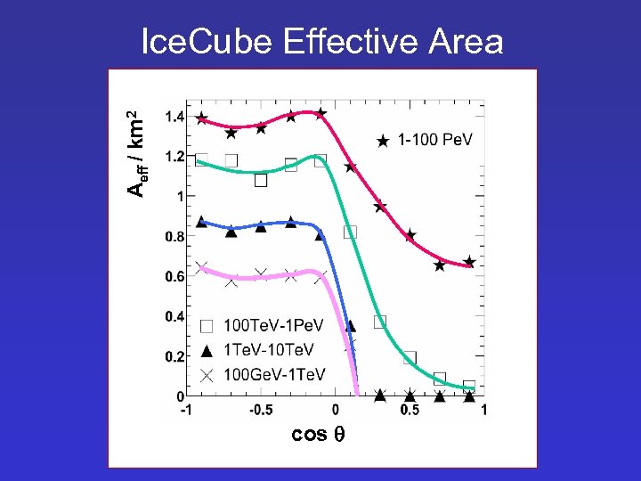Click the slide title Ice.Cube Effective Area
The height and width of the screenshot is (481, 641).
click(x=322, y=42)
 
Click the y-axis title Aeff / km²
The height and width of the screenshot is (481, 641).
click(x=134, y=153)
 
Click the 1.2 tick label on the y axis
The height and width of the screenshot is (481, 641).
click(x=174, y=157)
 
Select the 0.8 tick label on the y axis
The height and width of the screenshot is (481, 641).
click(x=174, y=237)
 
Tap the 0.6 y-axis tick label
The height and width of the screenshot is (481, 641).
click(x=174, y=277)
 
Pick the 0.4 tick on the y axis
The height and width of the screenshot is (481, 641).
click(x=174, y=317)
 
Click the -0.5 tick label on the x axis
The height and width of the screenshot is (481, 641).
click(x=259, y=410)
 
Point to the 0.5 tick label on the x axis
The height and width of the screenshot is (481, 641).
click(x=410, y=410)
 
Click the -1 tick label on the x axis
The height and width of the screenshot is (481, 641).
click(x=186, y=410)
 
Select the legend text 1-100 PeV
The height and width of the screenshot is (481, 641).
click(x=434, y=140)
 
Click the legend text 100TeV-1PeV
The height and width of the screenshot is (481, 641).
click(x=273, y=326)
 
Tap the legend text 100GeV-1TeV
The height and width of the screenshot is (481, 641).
click(x=274, y=374)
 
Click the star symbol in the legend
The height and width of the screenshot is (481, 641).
click(x=383, y=140)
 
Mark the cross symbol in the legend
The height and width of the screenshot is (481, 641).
click(x=207, y=374)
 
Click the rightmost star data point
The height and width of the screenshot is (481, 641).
click(x=469, y=262)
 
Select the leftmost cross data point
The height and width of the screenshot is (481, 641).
click(x=201, y=267)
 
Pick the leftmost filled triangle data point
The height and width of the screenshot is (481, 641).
click(x=201, y=222)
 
